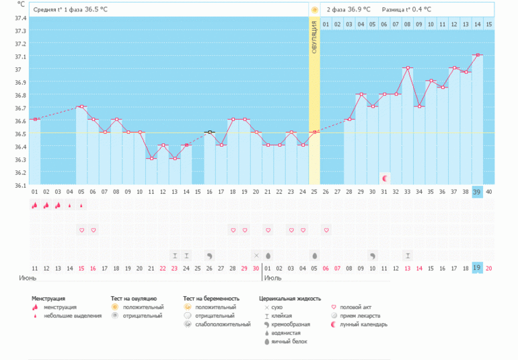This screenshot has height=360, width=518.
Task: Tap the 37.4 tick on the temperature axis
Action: point(20,17)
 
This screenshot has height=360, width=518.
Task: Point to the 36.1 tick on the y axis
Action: point(20,185)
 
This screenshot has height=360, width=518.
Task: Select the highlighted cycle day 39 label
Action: point(477,192)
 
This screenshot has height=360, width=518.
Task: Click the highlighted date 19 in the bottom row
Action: point(477,268)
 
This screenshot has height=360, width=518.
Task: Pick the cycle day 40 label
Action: point(489,192)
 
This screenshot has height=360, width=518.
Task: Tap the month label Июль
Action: point(272,277)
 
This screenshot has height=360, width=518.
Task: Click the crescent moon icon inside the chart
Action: point(384,178)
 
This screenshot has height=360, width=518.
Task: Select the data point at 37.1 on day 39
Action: point(477,55)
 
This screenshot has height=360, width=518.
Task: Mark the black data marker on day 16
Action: point(210,133)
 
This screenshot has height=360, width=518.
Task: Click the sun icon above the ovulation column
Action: point(314,9)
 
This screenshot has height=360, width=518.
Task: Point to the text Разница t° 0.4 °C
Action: point(406,9)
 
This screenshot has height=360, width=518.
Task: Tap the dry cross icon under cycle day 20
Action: point(256,256)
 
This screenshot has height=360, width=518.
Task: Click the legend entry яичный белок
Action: point(289,342)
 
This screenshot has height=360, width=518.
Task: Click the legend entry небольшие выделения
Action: point(73,316)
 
